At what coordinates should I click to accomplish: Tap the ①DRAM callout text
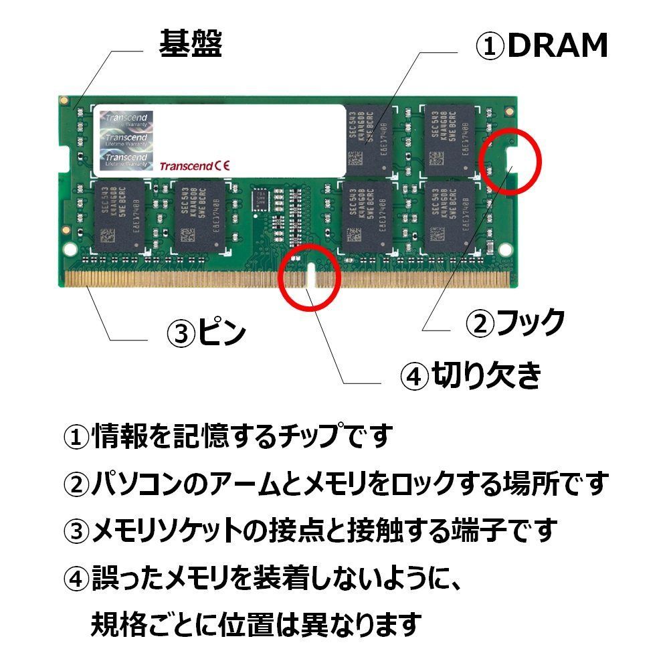point(541,45)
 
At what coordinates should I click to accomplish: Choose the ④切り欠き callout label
point(470,377)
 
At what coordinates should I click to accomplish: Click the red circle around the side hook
point(512,159)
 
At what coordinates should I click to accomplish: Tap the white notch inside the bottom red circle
point(310,277)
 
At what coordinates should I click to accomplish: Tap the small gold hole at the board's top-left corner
point(63,101)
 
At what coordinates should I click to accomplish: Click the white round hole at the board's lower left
point(70,248)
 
